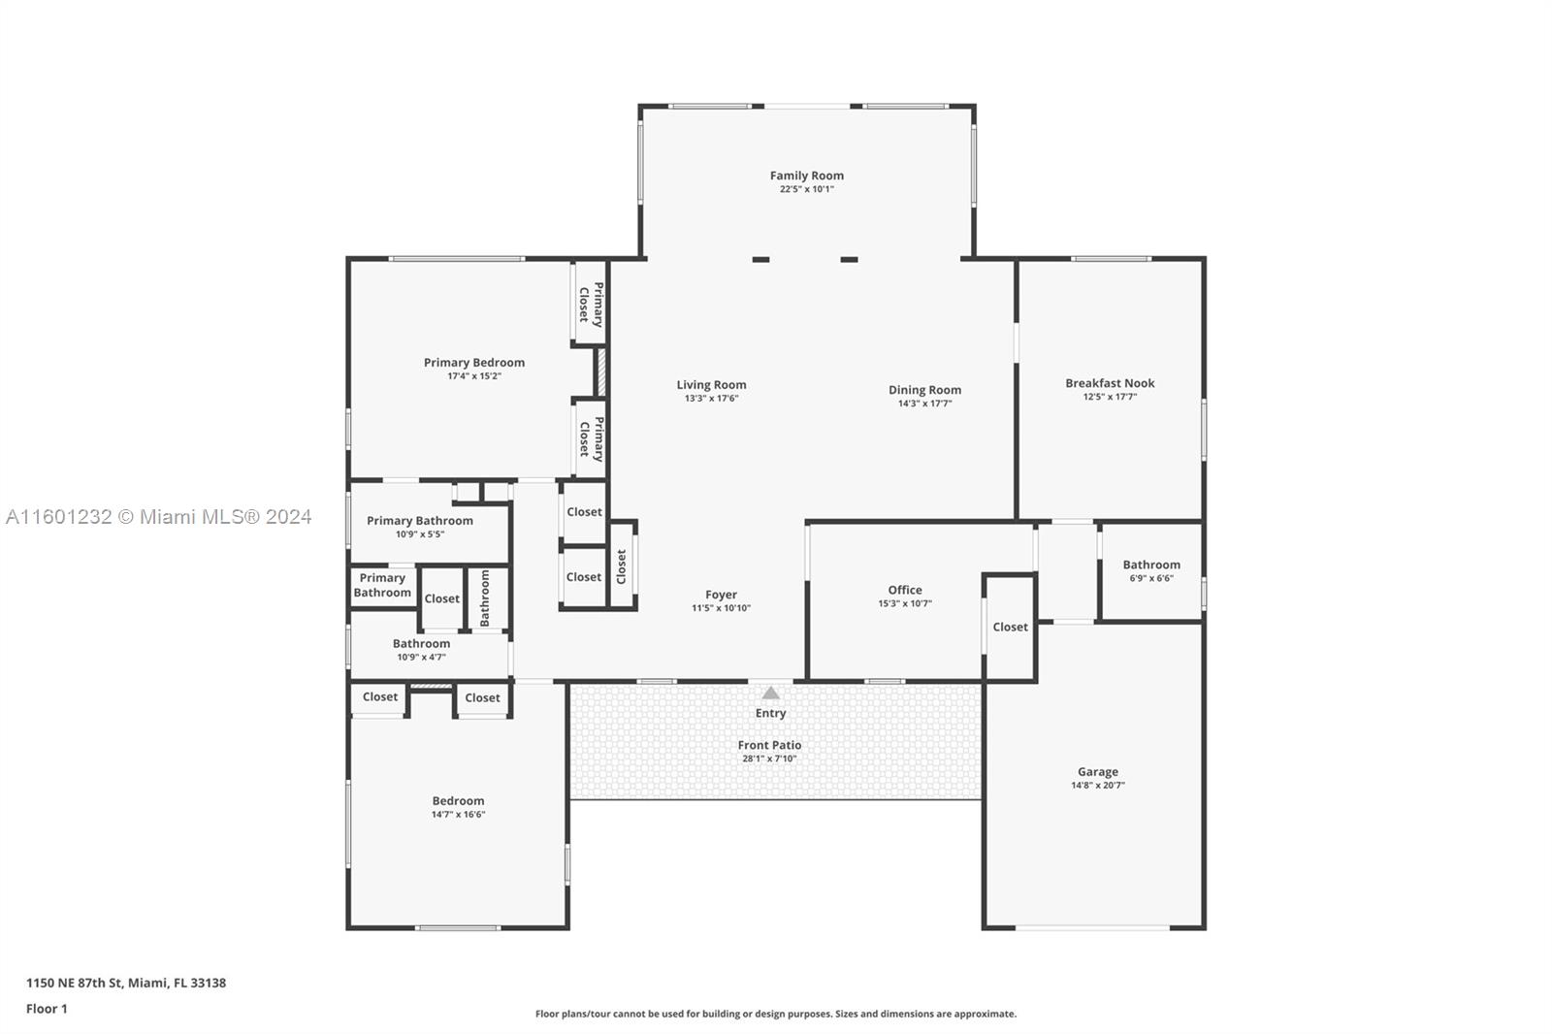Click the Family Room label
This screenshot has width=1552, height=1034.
tap(806, 176)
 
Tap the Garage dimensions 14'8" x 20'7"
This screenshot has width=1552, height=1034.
tap(1097, 786)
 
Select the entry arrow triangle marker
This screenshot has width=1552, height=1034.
tap(770, 693)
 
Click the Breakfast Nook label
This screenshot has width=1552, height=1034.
tap(1110, 383)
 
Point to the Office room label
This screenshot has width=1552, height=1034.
tap(904, 590)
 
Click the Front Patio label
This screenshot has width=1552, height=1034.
tap(769, 745)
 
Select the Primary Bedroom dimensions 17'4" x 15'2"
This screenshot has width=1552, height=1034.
tap(473, 376)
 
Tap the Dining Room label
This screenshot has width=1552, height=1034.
tap(924, 390)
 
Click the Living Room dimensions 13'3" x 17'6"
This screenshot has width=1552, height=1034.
tap(711, 399)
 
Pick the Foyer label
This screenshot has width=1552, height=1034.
tap(721, 595)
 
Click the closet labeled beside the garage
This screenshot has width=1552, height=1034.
tap(1010, 627)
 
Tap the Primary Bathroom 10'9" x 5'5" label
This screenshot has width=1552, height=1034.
tap(419, 521)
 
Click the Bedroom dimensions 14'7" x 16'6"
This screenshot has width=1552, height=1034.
tap(458, 815)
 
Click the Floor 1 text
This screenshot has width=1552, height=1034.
tap(47, 1009)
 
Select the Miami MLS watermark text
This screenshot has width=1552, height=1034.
tap(158, 517)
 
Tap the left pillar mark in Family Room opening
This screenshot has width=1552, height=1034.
tap(760, 259)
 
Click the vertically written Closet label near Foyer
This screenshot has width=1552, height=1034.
tap(622, 566)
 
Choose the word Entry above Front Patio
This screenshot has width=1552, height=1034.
tap(770, 713)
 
